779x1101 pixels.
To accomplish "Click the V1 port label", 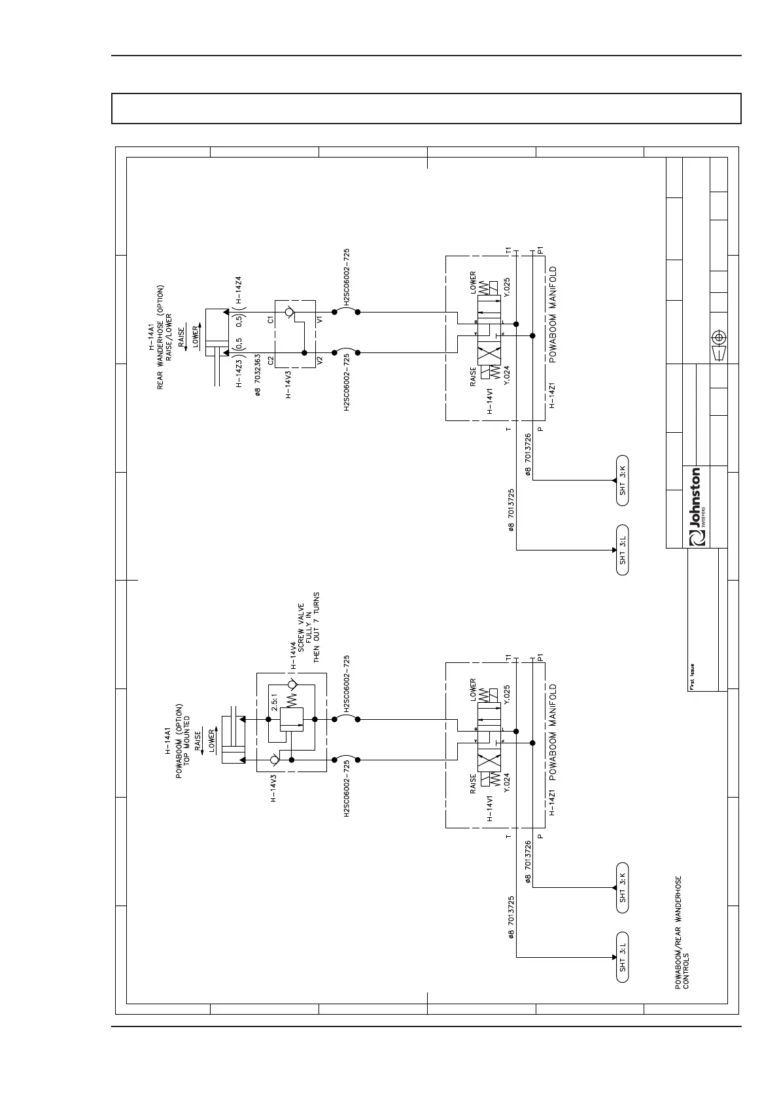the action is tap(320, 320).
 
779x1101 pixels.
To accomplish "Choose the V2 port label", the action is tap(320, 359).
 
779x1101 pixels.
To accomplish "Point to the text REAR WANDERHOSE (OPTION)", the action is tap(160, 337).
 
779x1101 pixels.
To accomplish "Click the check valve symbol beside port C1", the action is tap(290, 313).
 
